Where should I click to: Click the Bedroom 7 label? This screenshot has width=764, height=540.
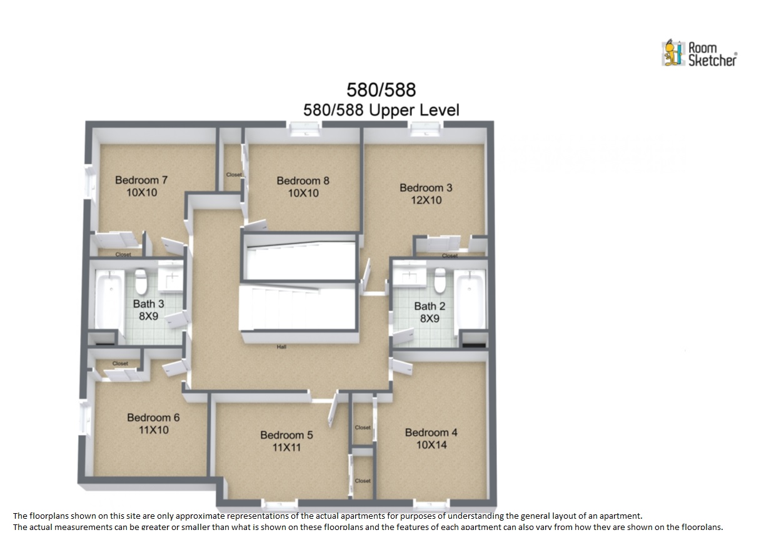[x=141, y=180]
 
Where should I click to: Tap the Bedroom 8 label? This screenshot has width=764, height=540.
[x=303, y=181]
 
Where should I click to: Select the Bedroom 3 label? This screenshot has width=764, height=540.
[x=426, y=187]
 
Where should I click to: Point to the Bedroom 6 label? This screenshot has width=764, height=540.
[x=153, y=417]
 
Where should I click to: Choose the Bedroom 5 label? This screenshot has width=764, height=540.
[x=286, y=435]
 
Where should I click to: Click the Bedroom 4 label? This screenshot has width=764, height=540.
[x=431, y=432]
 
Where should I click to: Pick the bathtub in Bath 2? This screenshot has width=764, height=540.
[x=470, y=299]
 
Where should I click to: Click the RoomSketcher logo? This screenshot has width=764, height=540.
[x=700, y=54]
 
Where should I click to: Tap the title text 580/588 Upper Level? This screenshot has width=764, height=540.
[x=381, y=110]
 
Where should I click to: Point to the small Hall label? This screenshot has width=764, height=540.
[x=281, y=347]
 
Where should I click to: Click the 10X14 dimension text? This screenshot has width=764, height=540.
[x=431, y=445]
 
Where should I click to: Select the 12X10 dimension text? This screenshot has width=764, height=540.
[x=426, y=200]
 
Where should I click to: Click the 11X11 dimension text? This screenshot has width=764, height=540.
[x=286, y=447]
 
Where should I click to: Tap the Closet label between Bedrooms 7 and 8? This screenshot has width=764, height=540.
[x=234, y=174]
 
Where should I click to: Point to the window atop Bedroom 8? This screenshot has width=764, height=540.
[x=305, y=129]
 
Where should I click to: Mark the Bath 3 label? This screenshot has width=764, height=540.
[x=148, y=304]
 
